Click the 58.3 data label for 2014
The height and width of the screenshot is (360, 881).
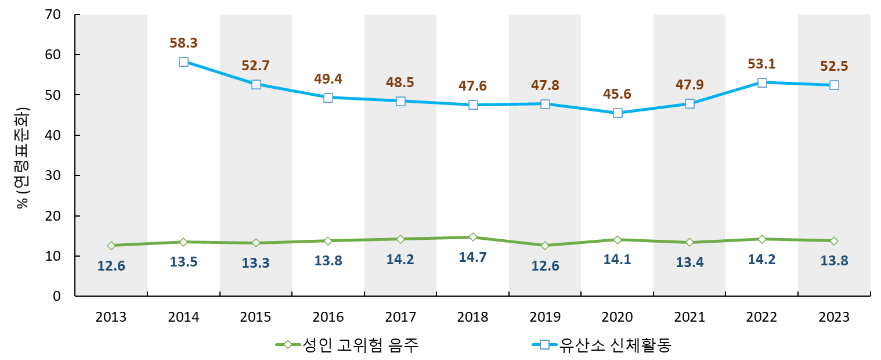[183, 43]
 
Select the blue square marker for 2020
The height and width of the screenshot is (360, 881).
[618, 113]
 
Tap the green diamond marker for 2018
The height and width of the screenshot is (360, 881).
[473, 237]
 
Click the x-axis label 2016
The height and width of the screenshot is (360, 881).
[328, 318]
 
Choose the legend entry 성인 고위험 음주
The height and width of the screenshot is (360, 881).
[347, 345]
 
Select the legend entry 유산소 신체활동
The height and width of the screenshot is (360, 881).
[603, 345]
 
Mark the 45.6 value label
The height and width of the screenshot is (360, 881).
[618, 94]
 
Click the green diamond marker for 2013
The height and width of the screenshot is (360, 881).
[111, 246]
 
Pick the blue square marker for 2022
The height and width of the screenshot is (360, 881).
[762, 82]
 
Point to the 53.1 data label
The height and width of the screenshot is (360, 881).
[762, 64]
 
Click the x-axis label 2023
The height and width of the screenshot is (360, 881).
[834, 318]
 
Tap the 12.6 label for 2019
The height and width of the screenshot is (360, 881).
[545, 267]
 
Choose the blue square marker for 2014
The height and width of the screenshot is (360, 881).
[183, 62]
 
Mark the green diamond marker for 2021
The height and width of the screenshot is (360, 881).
[689, 242]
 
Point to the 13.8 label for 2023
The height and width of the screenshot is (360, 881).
[834, 261]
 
